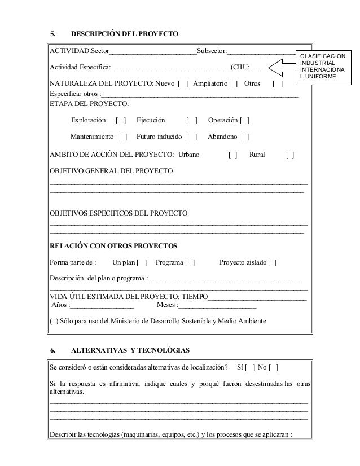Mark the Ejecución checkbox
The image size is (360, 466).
192,121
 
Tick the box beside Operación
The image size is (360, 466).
245,121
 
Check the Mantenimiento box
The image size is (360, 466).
122,137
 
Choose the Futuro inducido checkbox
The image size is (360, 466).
192,137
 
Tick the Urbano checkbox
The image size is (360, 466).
232,155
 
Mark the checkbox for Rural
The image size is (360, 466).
289,155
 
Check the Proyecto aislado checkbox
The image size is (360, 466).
272,262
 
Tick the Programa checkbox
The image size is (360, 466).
191,262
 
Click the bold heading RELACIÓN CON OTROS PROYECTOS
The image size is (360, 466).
113,246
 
